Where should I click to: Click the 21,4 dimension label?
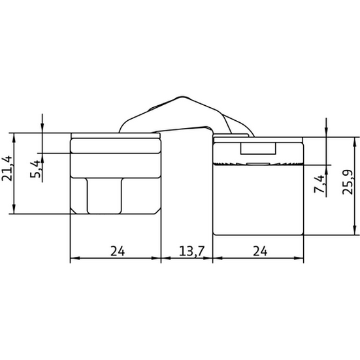pyautogui.click(x=7, y=169)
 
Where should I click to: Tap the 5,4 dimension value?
pyautogui.click(x=35, y=169)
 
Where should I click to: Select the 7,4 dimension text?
pyautogui.click(x=319, y=184)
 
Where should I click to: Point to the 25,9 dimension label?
pyautogui.click(x=348, y=182)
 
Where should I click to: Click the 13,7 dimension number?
pyautogui.click(x=191, y=251)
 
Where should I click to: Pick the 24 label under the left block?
pyautogui.click(x=118, y=251)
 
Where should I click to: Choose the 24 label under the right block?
pyautogui.click(x=260, y=251)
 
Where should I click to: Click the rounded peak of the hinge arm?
pyautogui.click(x=182, y=97)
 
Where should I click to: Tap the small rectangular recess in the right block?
pyautogui.click(x=258, y=148)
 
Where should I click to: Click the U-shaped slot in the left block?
pyautogui.click(x=105, y=196)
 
